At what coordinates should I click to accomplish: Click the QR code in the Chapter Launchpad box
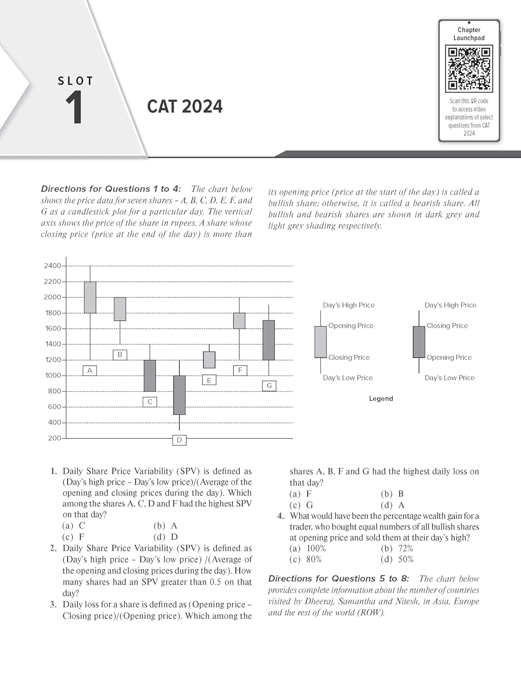click(x=469, y=69)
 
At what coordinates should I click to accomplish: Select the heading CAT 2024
click(x=185, y=107)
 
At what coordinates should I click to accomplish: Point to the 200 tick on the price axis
click(x=55, y=438)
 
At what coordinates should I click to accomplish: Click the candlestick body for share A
click(x=90, y=297)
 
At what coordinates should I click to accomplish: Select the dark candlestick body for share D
click(x=179, y=395)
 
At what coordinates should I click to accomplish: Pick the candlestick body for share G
click(x=269, y=340)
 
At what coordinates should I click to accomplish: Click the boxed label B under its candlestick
click(x=120, y=355)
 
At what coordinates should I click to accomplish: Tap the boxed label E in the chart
click(x=209, y=380)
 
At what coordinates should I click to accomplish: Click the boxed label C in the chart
click(x=150, y=401)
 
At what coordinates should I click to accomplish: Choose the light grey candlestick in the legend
click(x=321, y=341)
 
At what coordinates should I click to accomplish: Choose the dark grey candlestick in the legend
click(x=419, y=341)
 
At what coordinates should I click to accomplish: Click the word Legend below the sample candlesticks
click(x=381, y=399)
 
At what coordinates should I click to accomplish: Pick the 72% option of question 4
click(x=397, y=548)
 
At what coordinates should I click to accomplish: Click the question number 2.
click(x=53, y=548)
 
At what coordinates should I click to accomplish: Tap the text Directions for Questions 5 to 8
click(x=338, y=579)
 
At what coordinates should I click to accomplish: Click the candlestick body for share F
click(x=239, y=321)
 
